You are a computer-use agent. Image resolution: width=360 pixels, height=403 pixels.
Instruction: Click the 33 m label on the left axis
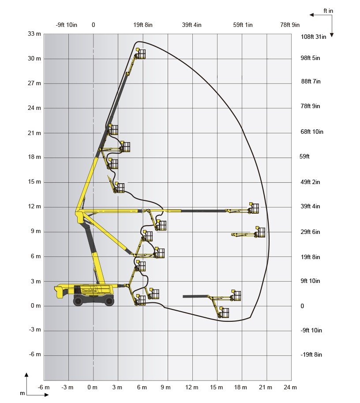[x=34, y=34]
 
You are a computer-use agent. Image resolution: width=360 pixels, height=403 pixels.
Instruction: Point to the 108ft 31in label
[x=313, y=37]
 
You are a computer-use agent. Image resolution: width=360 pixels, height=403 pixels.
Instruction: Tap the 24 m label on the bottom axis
[x=290, y=387]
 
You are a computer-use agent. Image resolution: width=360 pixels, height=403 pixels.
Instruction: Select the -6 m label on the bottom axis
[x=44, y=387]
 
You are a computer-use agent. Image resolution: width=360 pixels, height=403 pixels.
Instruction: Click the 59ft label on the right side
[x=304, y=156]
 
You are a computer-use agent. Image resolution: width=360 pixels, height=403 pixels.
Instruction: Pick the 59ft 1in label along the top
[x=243, y=25]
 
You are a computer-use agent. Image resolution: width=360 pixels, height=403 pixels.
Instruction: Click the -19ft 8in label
[x=311, y=355]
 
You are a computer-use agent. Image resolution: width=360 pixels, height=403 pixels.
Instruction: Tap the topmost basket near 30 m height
[x=141, y=53]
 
